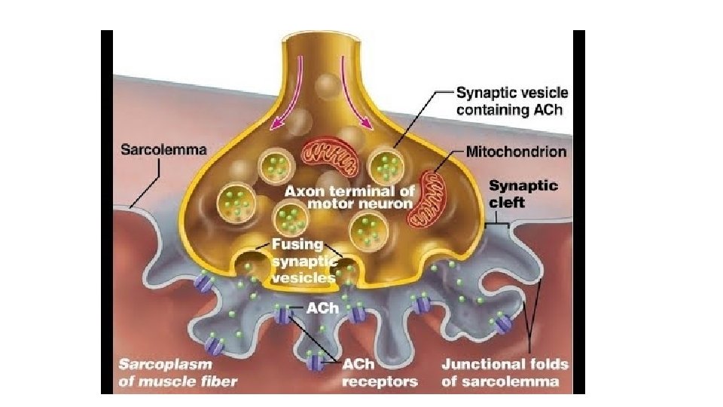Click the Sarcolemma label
click(163, 149)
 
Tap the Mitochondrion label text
click(516, 151)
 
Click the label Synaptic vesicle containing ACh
click(512, 101)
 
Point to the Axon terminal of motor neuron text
click(348, 197)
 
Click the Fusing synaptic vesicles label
click(297, 260)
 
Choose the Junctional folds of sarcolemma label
click(504, 373)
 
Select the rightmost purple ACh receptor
click(502, 326)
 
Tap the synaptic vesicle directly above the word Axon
click(275, 166)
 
